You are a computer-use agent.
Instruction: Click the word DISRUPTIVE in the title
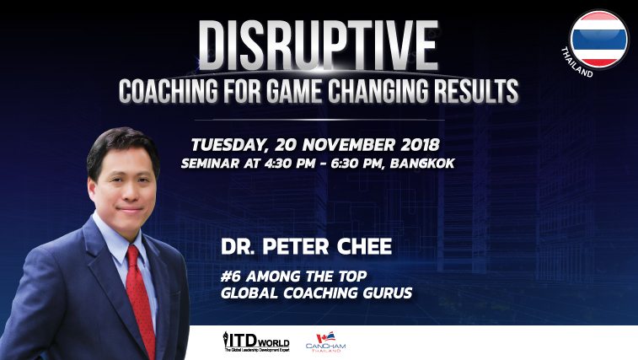tap(319, 46)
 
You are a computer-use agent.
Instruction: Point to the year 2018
tap(421, 144)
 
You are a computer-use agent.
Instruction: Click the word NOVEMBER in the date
tap(349, 144)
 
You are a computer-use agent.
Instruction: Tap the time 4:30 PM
tap(290, 164)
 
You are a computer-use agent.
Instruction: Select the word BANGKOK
tap(422, 164)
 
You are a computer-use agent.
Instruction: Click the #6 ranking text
tap(231, 276)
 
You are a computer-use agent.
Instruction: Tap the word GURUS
tap(388, 293)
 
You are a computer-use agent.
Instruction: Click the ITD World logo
tap(256, 341)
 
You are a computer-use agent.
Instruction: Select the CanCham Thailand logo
tap(325, 342)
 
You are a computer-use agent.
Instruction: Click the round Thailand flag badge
tap(598, 39)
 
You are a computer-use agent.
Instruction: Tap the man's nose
tap(130, 191)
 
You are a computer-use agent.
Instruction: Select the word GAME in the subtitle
tap(294, 91)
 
